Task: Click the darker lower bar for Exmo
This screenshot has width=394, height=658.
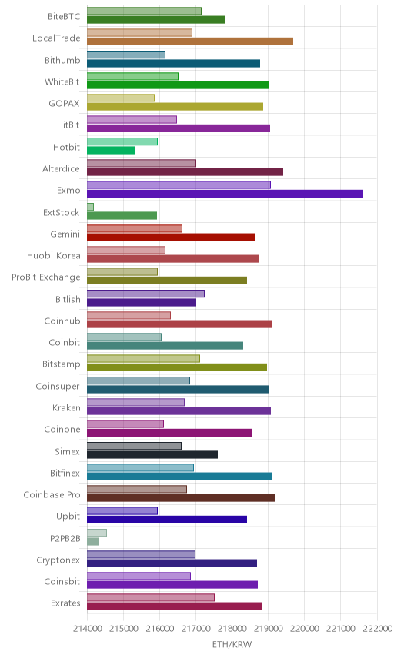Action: (x=225, y=194)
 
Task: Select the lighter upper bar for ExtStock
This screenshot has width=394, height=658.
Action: (x=90, y=207)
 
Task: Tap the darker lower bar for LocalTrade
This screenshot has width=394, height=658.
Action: (x=190, y=42)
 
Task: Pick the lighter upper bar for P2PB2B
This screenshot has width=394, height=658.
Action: (x=97, y=533)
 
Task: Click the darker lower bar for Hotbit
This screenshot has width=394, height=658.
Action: (x=112, y=150)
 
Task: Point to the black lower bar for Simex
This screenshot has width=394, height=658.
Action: (x=152, y=454)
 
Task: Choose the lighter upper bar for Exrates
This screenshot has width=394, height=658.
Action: (x=151, y=597)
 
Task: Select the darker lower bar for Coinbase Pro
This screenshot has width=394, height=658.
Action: (x=182, y=497)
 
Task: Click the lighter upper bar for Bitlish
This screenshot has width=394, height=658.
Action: (x=145, y=294)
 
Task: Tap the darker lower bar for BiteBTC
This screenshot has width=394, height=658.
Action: (x=156, y=20)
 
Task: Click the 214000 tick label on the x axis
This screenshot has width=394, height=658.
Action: (x=87, y=628)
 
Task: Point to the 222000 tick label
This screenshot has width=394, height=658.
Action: (x=377, y=628)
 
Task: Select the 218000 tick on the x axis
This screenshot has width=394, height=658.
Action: (x=232, y=628)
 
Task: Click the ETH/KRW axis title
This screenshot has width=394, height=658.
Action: (x=232, y=645)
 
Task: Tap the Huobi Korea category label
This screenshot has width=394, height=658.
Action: (x=53, y=255)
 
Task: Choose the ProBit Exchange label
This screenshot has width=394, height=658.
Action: (x=45, y=277)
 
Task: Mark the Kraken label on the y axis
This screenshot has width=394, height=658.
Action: (x=66, y=408)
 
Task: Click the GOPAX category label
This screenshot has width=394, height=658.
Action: (x=64, y=104)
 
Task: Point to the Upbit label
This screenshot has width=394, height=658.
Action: (x=68, y=516)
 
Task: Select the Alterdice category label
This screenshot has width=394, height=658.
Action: (x=61, y=168)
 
